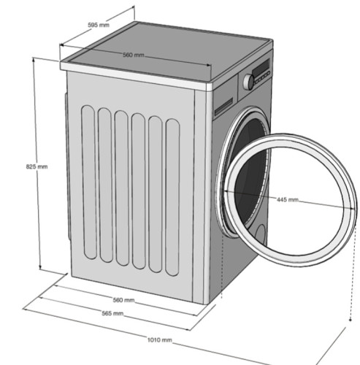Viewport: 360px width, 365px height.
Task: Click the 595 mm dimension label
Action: [x=99, y=25]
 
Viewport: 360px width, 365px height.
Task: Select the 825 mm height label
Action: [x=37, y=166]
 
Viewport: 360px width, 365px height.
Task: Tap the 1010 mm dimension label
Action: [x=159, y=339]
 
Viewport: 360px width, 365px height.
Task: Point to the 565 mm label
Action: [x=112, y=313]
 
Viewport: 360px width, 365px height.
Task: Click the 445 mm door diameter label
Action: [x=288, y=200]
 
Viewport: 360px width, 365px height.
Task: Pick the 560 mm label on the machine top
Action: [x=134, y=55]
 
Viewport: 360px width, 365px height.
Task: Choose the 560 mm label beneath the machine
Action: [x=123, y=300]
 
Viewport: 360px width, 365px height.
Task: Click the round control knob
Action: [x=248, y=82]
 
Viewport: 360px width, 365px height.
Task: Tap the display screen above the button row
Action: [x=261, y=67]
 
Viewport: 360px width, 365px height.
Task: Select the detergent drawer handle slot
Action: [x=223, y=107]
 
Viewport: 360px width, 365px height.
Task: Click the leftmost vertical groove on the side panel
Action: [x=88, y=182]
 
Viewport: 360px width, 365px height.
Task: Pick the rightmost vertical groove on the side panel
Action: [x=172, y=197]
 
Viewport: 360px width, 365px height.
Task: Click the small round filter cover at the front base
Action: [x=261, y=234]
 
